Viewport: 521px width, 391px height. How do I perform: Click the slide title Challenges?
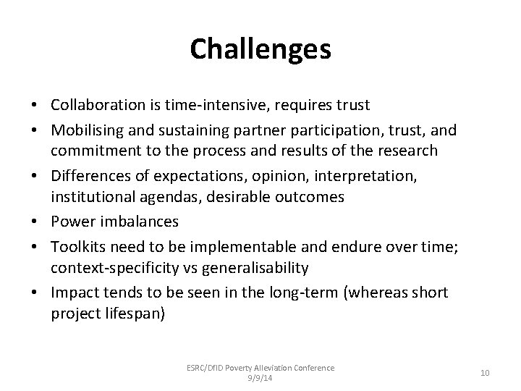[x=260, y=49]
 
